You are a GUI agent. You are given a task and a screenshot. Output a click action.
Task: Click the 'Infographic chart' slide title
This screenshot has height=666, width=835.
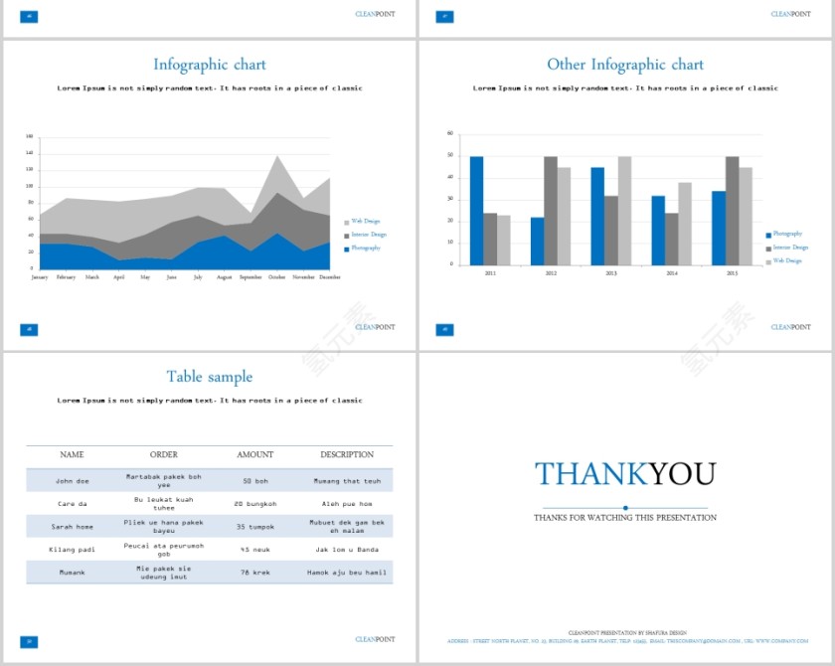coord(209,65)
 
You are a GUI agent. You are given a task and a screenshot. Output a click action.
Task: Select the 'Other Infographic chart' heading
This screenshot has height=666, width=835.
coord(624,65)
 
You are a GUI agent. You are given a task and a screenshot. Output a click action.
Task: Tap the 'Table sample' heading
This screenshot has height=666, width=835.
coord(209,377)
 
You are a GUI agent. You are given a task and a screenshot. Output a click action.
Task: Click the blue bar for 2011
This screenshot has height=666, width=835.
coord(477,210)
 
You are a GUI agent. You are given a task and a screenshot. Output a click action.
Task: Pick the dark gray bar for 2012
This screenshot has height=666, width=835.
coord(551,210)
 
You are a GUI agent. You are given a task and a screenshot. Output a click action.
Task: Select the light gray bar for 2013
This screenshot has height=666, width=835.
coord(624,210)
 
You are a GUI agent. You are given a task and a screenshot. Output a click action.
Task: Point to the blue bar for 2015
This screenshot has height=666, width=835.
coord(719,228)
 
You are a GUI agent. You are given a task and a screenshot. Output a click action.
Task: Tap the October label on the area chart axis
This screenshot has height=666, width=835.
coord(276,277)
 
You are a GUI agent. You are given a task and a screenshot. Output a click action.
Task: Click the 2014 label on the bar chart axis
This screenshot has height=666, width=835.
coord(672,272)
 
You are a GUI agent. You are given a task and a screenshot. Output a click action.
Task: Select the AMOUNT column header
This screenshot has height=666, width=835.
coord(254,455)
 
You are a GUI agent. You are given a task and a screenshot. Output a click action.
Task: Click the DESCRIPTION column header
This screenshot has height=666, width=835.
coord(347,455)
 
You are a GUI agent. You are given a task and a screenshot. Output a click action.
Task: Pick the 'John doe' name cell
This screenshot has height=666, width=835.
coord(73,481)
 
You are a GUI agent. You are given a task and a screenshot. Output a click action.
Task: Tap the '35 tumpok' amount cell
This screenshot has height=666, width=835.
coord(254,527)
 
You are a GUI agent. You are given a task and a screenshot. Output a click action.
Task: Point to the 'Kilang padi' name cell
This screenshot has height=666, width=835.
coord(73,550)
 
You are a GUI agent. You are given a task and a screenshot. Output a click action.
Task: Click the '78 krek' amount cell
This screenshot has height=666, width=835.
coord(254,573)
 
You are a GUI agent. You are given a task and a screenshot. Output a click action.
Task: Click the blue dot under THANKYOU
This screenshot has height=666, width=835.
coord(625,508)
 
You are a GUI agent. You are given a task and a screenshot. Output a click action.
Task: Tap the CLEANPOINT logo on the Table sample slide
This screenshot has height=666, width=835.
coord(375,639)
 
